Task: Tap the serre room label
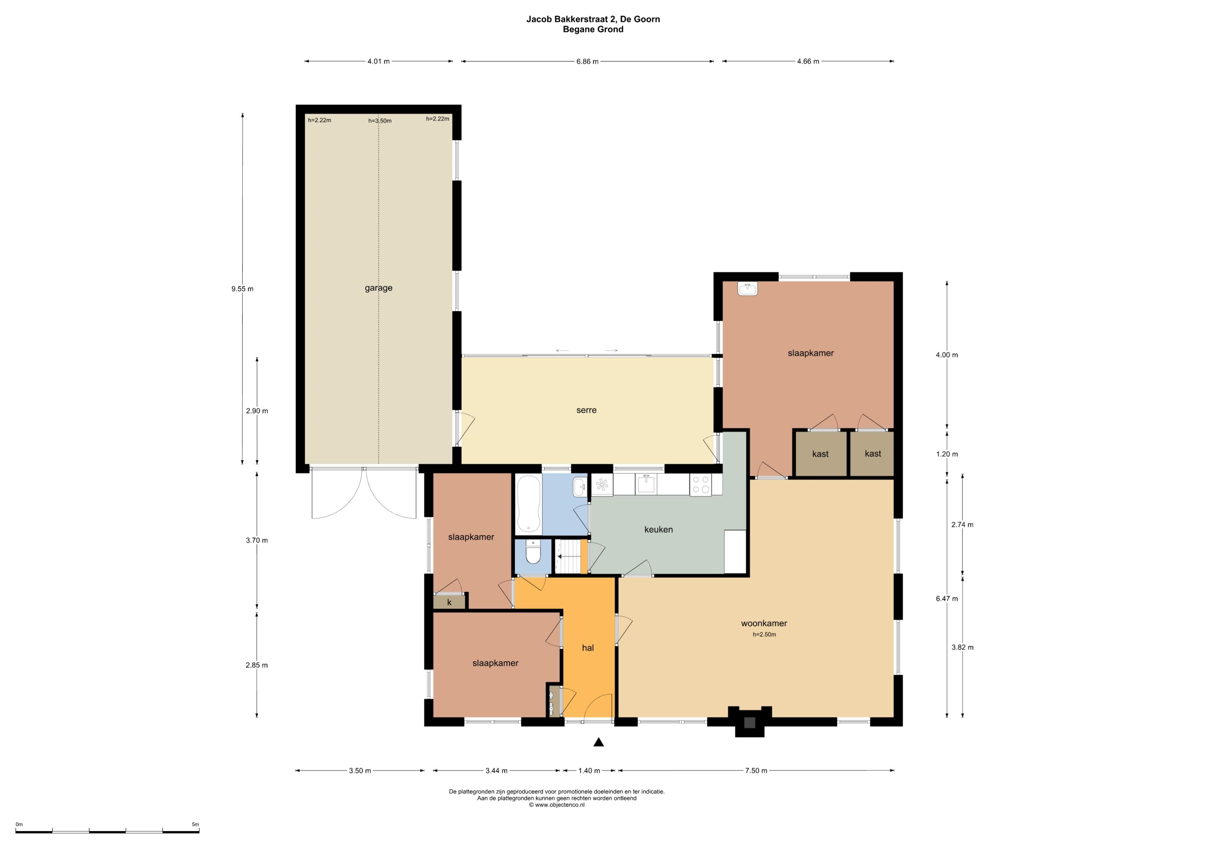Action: (x=586, y=410)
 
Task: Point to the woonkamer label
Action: (x=764, y=623)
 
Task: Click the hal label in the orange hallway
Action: (x=588, y=648)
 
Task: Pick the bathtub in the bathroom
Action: (x=529, y=503)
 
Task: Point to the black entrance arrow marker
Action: (x=598, y=742)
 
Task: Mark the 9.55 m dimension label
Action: (x=243, y=289)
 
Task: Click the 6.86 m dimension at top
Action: (x=587, y=61)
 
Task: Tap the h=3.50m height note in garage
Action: (x=380, y=121)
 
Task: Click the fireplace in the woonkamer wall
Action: (x=750, y=722)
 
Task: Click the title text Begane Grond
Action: (x=593, y=30)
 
